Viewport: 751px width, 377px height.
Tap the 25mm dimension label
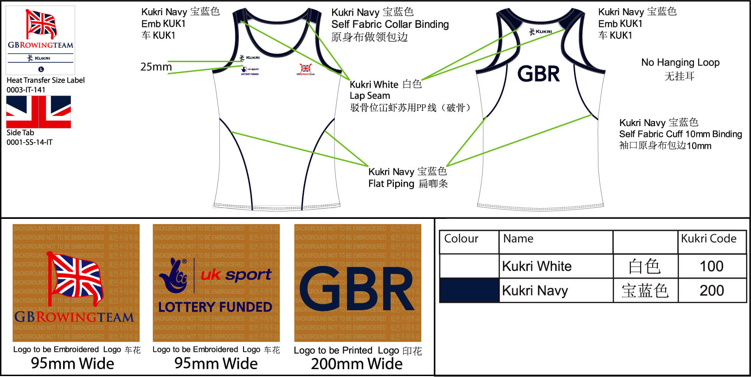coord(156,67)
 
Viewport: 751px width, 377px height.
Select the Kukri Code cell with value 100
coord(711,266)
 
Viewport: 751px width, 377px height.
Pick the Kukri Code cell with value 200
coord(711,290)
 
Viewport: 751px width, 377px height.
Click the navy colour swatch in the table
coord(469,290)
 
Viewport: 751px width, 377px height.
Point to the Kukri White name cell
coord(537,266)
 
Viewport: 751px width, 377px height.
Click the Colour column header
coord(461,239)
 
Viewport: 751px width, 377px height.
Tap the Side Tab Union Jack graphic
coord(39,112)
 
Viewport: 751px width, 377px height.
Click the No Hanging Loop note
coord(680,63)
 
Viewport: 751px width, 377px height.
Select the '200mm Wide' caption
coord(356,364)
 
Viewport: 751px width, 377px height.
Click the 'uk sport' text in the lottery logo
coord(236,275)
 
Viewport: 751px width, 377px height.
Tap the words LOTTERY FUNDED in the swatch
coord(215,307)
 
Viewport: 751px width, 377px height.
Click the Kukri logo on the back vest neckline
coord(541,32)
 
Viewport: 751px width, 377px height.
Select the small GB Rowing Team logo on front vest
coord(305,70)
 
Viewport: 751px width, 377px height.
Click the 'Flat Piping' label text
coord(391,184)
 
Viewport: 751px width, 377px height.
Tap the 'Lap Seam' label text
coord(370,96)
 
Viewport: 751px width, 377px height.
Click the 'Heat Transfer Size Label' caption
coord(45,80)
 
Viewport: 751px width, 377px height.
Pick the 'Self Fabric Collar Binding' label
coord(390,24)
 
